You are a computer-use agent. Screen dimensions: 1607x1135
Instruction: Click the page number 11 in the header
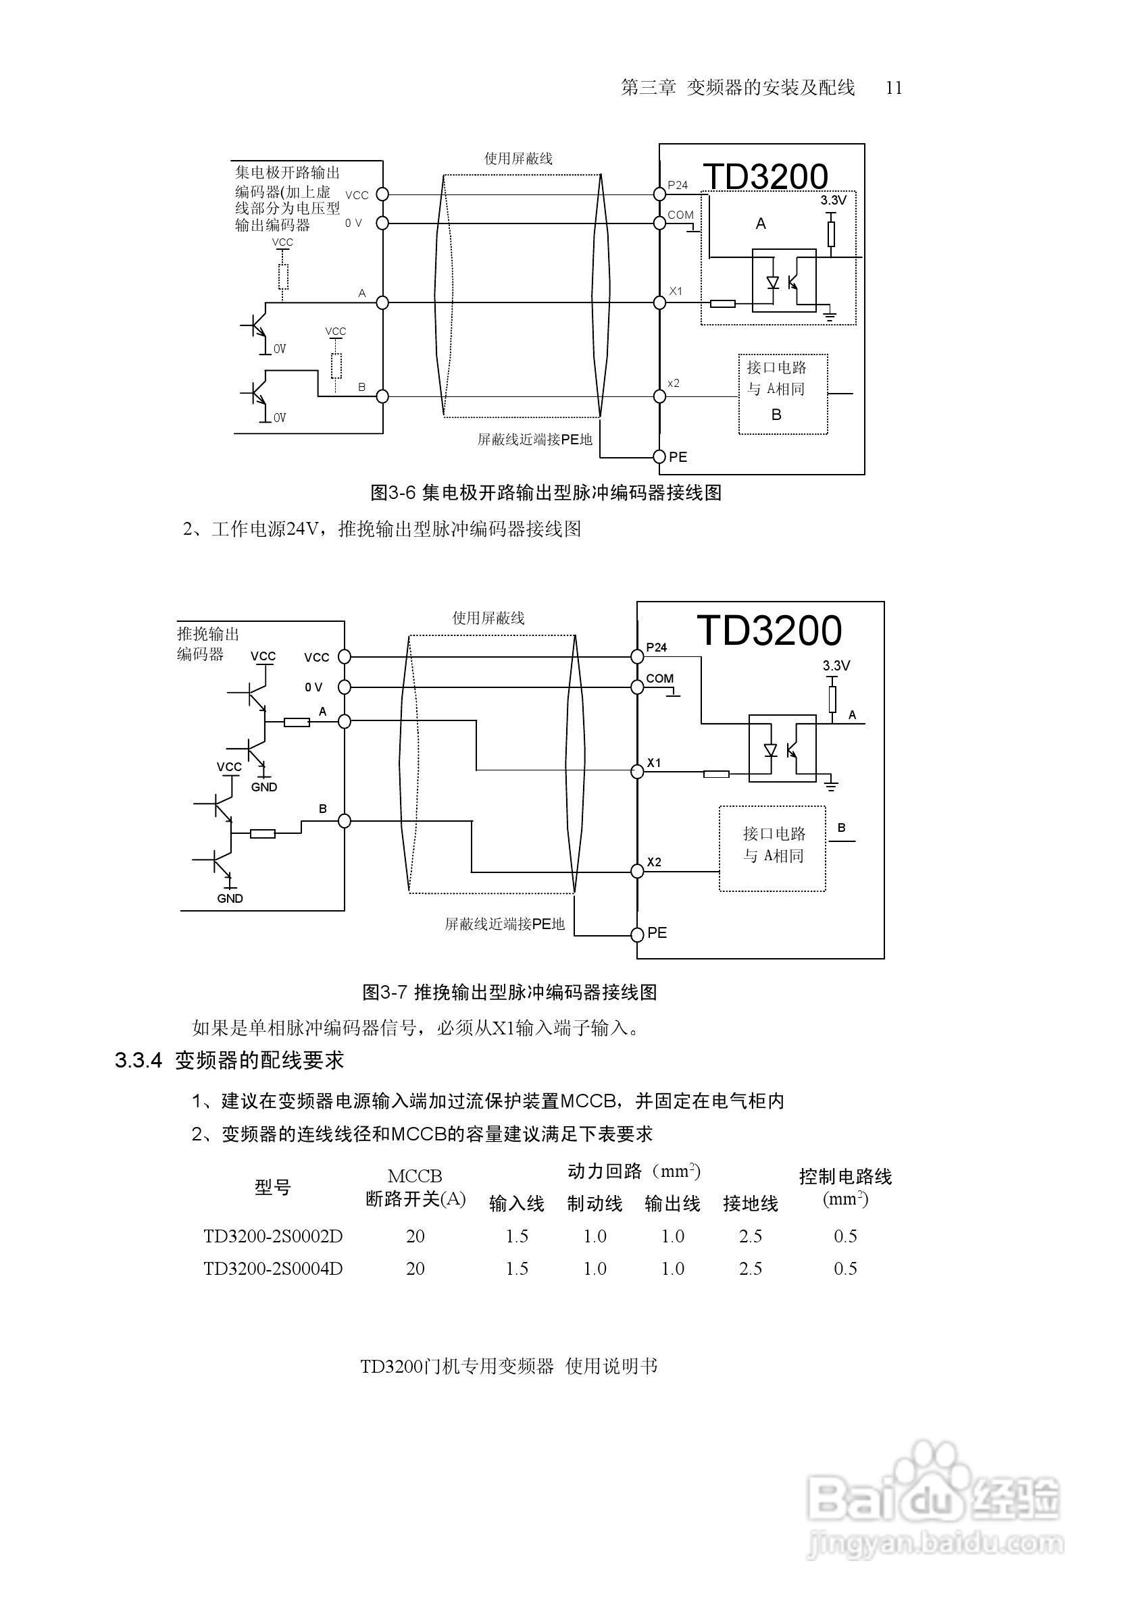[893, 88]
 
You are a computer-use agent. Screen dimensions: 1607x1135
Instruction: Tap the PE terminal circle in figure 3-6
[659, 456]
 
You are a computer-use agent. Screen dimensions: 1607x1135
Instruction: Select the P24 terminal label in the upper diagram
[677, 185]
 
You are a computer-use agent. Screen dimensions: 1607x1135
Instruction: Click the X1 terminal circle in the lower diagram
[637, 771]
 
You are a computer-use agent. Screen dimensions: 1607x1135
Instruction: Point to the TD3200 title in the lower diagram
[769, 631]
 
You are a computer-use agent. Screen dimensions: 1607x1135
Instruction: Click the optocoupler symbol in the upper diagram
[784, 281]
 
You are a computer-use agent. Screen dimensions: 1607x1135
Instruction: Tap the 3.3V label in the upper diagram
[833, 200]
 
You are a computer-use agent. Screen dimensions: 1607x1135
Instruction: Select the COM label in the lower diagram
[659, 678]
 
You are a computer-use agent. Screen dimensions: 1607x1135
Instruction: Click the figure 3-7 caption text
[509, 992]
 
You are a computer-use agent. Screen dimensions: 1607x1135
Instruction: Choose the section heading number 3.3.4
[138, 1060]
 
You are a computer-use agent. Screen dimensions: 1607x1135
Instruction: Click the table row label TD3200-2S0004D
[273, 1268]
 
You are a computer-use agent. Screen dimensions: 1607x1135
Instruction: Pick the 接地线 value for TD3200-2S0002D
[750, 1236]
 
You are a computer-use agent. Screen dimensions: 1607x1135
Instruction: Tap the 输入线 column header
[517, 1203]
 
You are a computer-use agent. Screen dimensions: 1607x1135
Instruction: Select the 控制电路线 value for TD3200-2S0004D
[845, 1268]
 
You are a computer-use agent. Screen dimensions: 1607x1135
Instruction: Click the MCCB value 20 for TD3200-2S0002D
[415, 1236]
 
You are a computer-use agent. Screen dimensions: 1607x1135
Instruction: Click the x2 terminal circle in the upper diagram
[659, 396]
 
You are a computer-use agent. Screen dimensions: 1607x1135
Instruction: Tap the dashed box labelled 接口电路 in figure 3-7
[772, 848]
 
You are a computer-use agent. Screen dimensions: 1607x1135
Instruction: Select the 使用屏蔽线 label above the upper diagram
[518, 158]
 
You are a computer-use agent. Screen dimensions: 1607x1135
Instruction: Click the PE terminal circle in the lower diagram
[637, 934]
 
